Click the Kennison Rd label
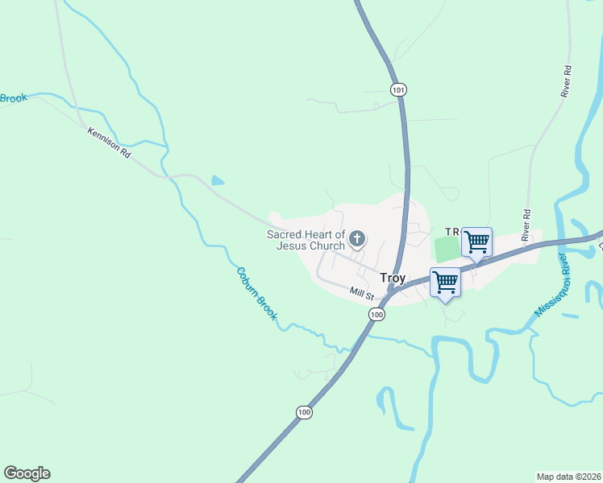109,141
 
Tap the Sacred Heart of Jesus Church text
306,240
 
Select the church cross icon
357,238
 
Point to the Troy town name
393,278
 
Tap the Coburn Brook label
256,293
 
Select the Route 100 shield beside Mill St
376,315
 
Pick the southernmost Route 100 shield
303,412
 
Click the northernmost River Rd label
567,82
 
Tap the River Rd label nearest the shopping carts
527,225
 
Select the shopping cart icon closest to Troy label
445,282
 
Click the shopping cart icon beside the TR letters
476,241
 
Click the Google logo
27,473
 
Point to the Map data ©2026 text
568,477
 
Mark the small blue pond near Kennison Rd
217,180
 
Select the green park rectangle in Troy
445,249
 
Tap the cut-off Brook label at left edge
14,98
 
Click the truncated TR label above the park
451,231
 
